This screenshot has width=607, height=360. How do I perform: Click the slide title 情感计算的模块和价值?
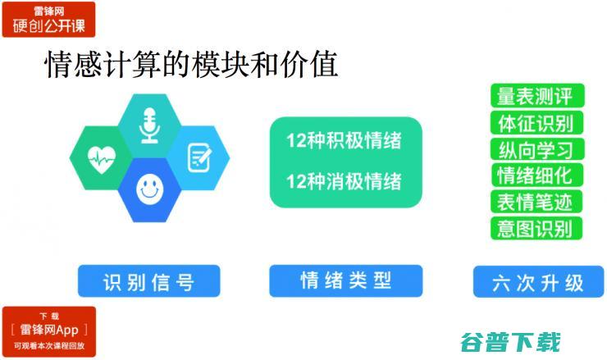[x=190, y=66]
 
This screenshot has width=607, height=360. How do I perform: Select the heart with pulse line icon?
[x=101, y=157]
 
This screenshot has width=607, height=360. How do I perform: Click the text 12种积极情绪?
[x=344, y=140]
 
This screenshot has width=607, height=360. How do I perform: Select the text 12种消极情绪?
[x=344, y=180]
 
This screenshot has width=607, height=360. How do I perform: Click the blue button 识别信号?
[x=149, y=282]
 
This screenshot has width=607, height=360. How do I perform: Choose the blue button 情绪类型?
[x=345, y=281]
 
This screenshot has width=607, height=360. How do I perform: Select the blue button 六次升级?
[x=539, y=282]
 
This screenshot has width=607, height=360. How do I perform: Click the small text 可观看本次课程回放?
[x=48, y=346]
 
